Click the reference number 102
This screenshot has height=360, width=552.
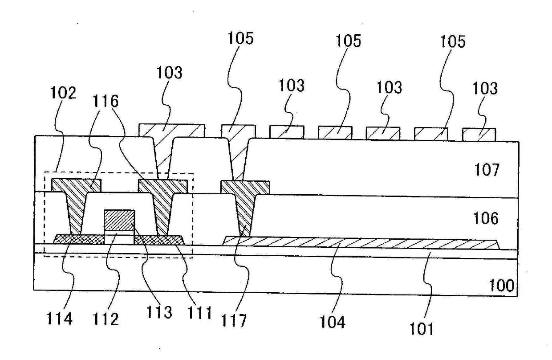63,93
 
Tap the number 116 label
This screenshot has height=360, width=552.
106,101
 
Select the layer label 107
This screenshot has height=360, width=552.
487,170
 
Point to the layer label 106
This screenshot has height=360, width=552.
486,218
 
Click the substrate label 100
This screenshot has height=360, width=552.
502,286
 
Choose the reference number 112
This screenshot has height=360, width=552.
106,319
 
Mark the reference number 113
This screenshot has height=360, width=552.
159,312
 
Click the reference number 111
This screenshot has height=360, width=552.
199,313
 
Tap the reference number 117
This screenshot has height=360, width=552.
234,320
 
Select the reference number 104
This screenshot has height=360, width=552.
332,322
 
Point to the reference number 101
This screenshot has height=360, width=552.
422,329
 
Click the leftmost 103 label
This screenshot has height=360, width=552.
170,73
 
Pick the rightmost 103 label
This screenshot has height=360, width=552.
485,89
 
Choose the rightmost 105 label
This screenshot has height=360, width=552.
453,41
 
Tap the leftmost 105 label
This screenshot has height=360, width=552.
240,38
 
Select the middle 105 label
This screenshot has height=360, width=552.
349,41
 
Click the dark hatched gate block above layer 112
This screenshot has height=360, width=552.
119,220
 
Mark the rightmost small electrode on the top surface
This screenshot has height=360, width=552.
479,135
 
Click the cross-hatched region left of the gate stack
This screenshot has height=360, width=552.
79,239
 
